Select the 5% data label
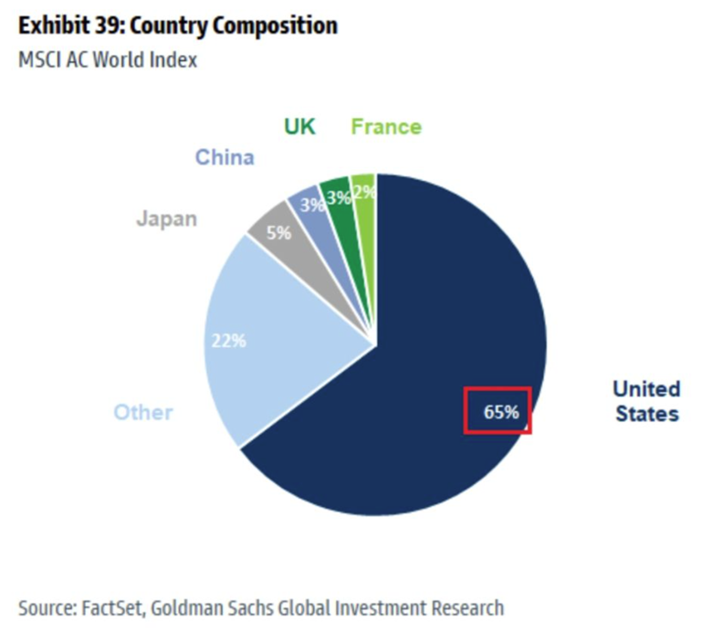click(x=278, y=233)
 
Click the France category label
click(x=386, y=126)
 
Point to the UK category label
click(x=299, y=126)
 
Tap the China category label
click(x=225, y=157)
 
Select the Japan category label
click(x=166, y=219)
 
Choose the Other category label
click(x=143, y=412)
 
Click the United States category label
click(x=646, y=401)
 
